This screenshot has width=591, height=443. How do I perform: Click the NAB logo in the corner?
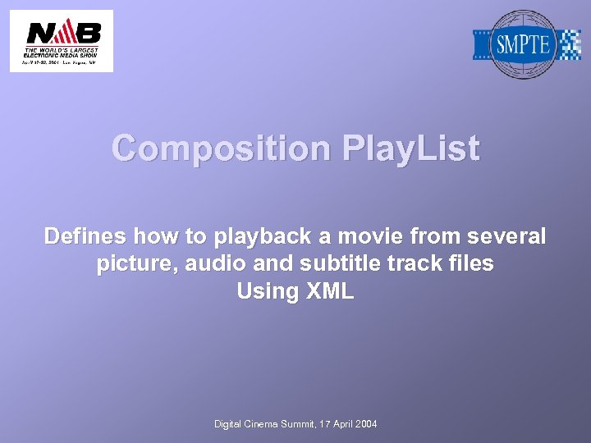click(x=62, y=41)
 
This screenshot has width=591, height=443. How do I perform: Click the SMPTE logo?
click(x=526, y=44)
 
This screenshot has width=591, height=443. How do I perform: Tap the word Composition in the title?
click(x=221, y=149)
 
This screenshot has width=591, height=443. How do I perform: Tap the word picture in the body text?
click(x=135, y=264)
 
